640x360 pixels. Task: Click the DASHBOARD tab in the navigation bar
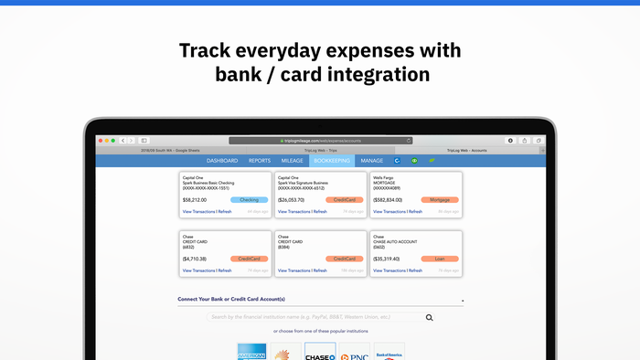[222, 161]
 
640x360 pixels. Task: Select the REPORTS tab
[260, 161]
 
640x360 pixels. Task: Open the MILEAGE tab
[292, 161]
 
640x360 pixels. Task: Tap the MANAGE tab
[372, 161]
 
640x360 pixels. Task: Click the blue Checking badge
[248, 199]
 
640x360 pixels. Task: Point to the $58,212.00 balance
[195, 199]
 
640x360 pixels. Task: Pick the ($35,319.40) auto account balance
[389, 259]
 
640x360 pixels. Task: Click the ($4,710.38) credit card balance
[195, 259]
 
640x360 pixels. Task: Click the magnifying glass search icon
[429, 318]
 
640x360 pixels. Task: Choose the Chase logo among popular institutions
[319, 353]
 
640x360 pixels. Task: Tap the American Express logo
[251, 353]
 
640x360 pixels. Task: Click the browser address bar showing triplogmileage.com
[321, 141]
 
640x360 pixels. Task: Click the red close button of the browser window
[101, 141]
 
